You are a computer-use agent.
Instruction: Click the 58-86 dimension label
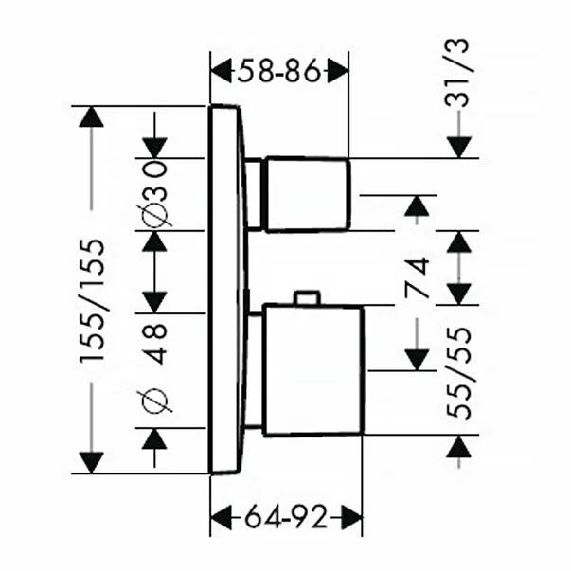click(279, 70)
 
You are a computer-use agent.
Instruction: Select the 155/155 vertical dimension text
click(92, 300)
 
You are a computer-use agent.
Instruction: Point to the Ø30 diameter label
click(156, 193)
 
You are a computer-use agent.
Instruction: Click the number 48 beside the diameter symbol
click(156, 343)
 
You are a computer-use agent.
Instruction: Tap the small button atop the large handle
click(306, 298)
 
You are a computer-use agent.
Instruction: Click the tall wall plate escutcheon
click(227, 289)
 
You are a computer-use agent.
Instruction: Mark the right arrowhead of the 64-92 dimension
click(352, 518)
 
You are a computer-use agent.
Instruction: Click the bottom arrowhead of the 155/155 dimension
click(92, 462)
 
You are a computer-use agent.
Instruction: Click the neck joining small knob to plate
click(253, 194)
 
